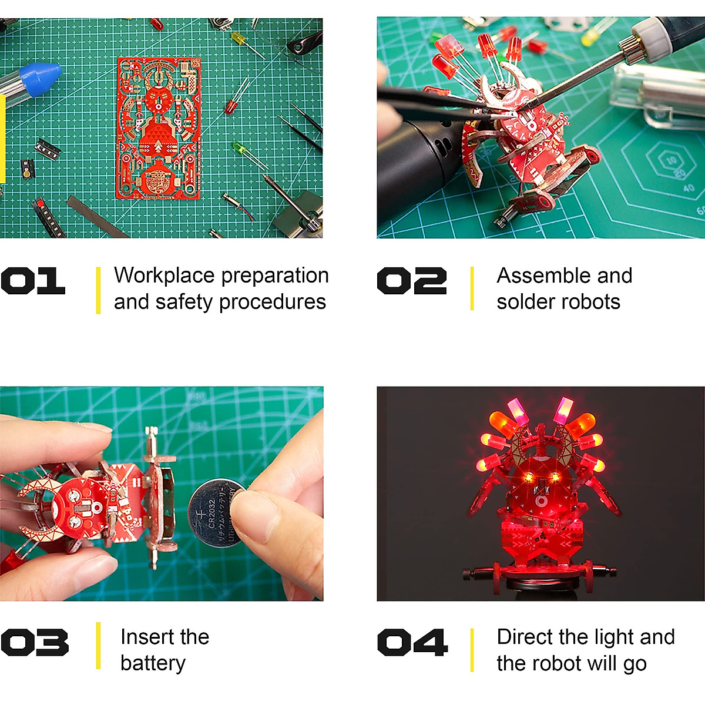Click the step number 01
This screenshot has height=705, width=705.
tap(33, 281)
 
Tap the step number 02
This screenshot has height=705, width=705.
tap(411, 281)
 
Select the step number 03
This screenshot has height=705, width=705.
tap(35, 642)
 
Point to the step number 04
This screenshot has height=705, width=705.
tap(412, 642)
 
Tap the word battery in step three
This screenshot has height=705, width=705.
tap(153, 663)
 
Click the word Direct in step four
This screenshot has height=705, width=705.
tap(525, 637)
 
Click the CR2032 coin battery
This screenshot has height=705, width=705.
tap(216, 512)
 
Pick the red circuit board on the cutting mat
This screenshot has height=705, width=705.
tap(159, 128)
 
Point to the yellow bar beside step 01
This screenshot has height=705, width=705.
tap(98, 290)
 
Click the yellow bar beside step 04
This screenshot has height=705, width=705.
tap(472, 650)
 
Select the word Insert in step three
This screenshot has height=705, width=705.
tap(140, 637)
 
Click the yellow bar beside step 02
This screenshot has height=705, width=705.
tap(472, 288)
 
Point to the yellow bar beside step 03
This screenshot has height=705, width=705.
tap(98, 646)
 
